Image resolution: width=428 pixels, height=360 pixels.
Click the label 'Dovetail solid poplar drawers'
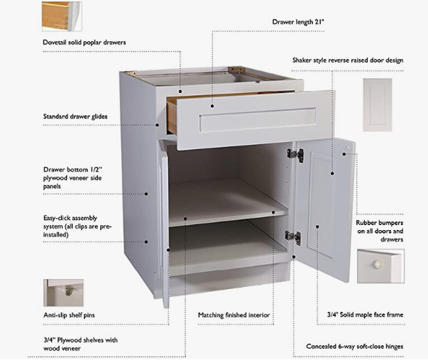[x=84, y=43]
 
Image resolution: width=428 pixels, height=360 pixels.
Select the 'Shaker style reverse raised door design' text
[x=348, y=60]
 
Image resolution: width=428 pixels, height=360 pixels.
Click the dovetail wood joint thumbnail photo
[x=62, y=16]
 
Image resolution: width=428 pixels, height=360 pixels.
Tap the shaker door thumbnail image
[x=377, y=104]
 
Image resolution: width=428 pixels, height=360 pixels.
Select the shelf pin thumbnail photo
[x=64, y=292]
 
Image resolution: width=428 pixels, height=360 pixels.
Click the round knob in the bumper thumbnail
[x=378, y=265]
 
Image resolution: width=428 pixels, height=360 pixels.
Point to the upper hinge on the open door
[x=295, y=154]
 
